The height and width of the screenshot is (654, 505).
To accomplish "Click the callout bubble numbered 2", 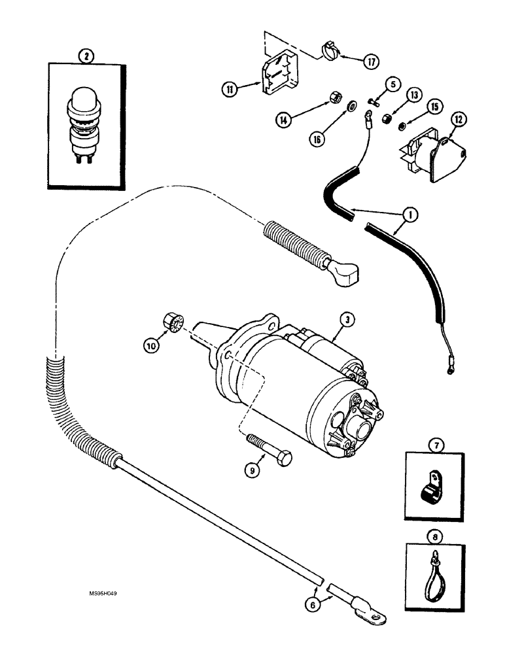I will pyautogui.click(x=85, y=56).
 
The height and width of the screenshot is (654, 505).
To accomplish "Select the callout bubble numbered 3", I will pyautogui.click(x=346, y=320).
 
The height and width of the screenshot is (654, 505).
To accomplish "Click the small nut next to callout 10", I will pyautogui.click(x=173, y=323).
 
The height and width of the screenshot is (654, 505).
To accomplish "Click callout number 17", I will pyautogui.click(x=371, y=61).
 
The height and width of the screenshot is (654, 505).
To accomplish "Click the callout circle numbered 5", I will pyautogui.click(x=390, y=84).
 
